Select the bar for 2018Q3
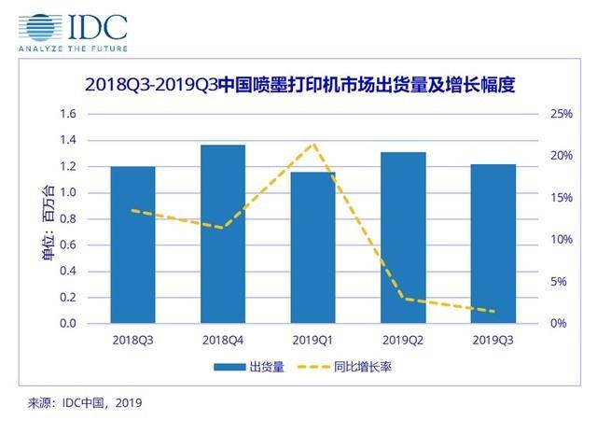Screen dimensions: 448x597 (133, 245)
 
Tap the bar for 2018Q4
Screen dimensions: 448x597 (223, 234)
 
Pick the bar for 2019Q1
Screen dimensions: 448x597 (313, 247)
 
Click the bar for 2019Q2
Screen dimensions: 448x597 (403, 238)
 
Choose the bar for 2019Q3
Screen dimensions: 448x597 (493, 244)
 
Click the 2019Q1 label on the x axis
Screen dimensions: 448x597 (313, 342)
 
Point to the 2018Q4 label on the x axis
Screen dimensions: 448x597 (223, 342)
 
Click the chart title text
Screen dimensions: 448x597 (298, 85)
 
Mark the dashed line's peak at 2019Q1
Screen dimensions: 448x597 (313, 144)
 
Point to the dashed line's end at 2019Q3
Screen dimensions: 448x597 (493, 312)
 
